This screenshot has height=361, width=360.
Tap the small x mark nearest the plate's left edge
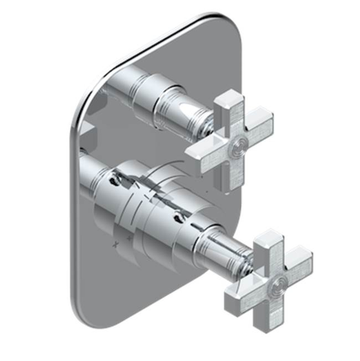coord(115,244)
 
